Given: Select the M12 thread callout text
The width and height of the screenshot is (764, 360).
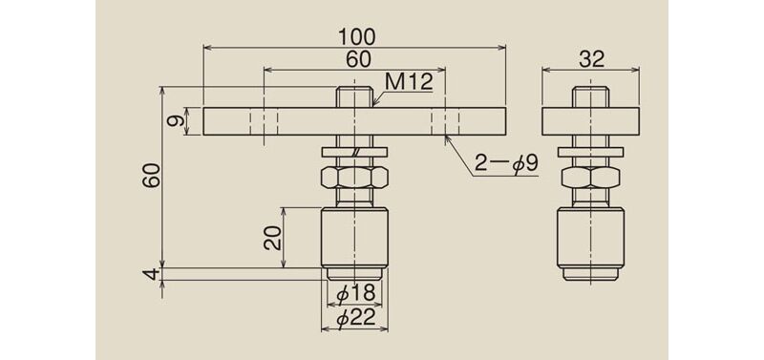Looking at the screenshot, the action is coord(409,82).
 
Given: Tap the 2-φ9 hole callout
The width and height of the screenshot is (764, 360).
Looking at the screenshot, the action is coord(507,164).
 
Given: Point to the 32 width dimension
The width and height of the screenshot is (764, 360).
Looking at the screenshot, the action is coord(591,59).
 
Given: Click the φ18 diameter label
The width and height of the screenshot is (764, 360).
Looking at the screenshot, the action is coord(355,293).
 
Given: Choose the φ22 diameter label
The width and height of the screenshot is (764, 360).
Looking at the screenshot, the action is coord(355,317).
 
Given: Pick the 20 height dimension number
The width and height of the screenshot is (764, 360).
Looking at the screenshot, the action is coord(273,238).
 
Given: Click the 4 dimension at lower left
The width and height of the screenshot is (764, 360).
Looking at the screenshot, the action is coord(154,274).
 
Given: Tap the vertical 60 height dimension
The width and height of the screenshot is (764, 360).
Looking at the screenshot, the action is coord(153,176).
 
